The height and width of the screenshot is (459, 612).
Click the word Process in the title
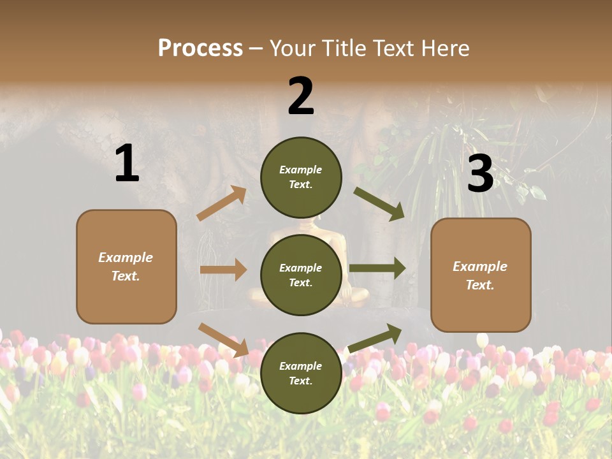[x=200, y=48]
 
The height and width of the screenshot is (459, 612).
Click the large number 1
[x=127, y=164]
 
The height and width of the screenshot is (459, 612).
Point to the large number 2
[x=301, y=96]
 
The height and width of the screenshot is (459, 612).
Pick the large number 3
[x=480, y=174]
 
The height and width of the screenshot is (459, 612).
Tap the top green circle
[x=301, y=177]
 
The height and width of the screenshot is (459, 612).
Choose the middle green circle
[x=301, y=275]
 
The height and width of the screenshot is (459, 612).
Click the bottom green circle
[x=301, y=373]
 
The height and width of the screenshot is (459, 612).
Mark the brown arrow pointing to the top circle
[x=222, y=203]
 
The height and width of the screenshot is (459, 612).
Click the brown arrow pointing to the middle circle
[x=223, y=270]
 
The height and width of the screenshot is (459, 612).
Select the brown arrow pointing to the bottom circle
[x=223, y=339]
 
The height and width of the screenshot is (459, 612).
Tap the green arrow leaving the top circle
[x=379, y=203]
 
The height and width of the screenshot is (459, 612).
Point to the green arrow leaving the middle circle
[x=377, y=268]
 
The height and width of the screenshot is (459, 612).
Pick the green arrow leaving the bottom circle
[x=375, y=338]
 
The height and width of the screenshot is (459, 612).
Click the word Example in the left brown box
[x=126, y=258]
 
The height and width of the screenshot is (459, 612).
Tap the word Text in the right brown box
[x=479, y=285]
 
